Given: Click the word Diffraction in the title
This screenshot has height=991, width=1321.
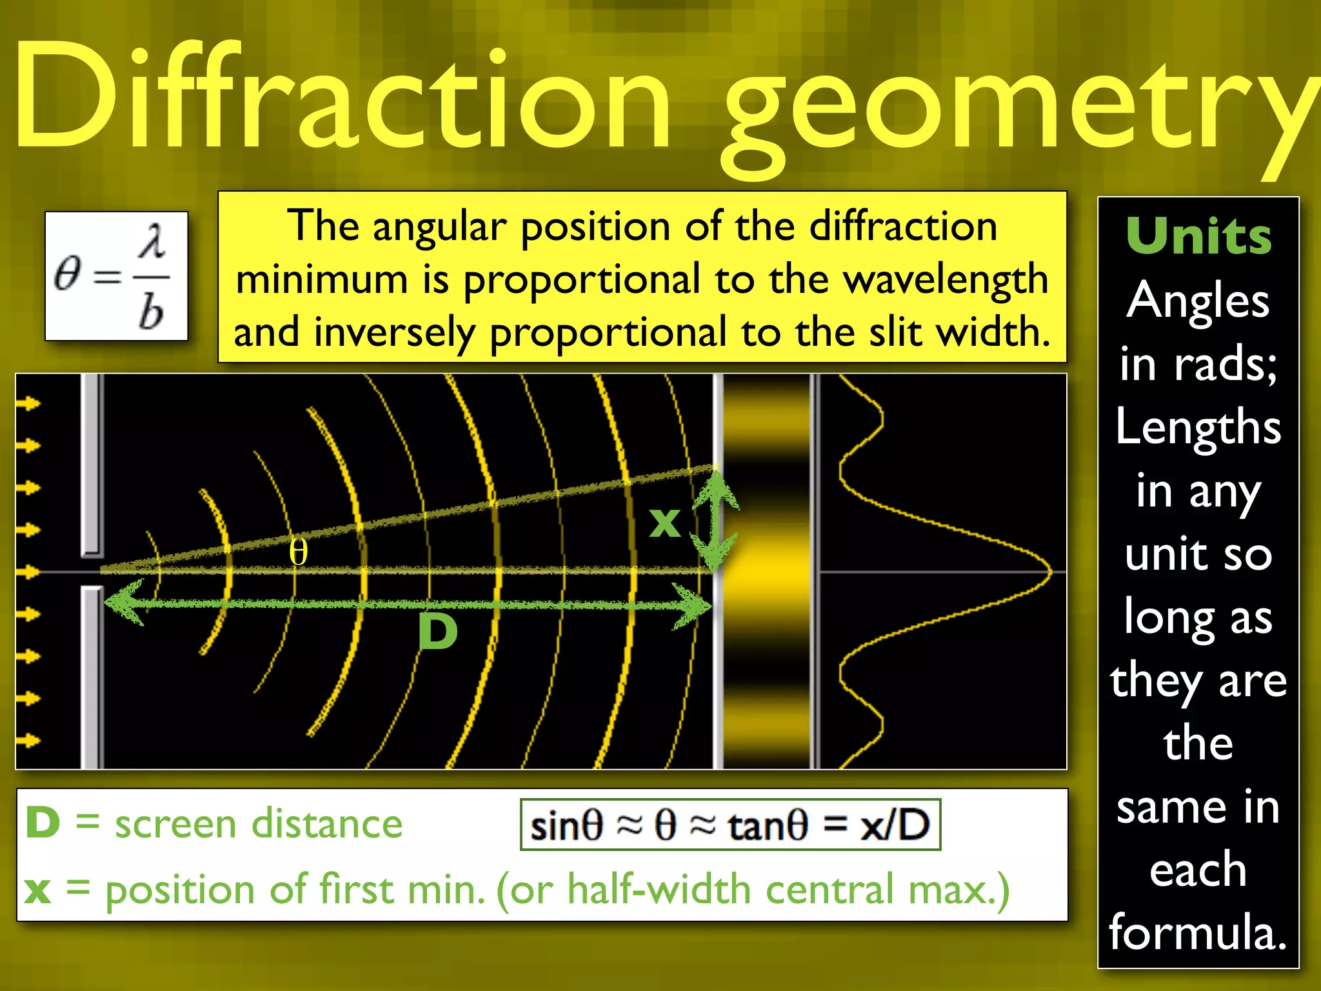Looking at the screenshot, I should point(342,97).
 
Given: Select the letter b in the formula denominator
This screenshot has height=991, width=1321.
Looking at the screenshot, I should point(151,312).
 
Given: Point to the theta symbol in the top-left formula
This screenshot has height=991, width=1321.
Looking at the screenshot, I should point(68,274).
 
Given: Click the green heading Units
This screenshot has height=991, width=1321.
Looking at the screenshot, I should point(1198,236).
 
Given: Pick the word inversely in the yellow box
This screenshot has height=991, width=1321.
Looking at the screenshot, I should point(395,333).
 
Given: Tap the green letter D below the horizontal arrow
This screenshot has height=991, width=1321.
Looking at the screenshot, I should point(437,632).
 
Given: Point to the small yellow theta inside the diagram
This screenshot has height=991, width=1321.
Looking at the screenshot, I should point(298,552).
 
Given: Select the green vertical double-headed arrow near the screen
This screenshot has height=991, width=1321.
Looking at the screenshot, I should point(715,520).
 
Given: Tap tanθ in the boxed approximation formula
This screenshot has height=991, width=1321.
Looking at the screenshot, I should point(768,826).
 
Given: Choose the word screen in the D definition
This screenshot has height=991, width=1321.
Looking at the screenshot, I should point(175,825).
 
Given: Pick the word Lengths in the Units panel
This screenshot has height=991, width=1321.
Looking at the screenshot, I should point(1198,427).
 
